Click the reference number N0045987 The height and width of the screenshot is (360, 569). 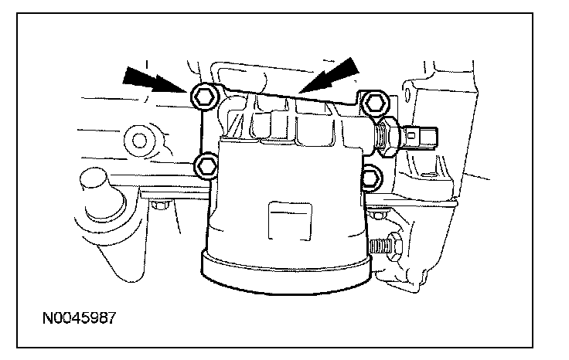[x=80, y=318]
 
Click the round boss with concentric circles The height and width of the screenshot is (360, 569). [x=140, y=141]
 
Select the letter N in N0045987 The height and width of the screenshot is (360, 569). [x=48, y=318]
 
